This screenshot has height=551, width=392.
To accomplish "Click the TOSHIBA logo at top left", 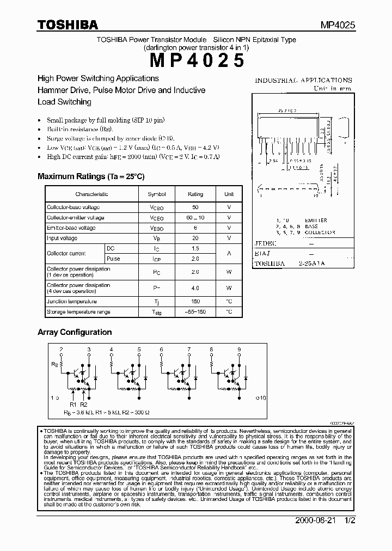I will tap(67, 25).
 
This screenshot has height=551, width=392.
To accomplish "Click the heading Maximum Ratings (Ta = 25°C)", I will tap(91, 176).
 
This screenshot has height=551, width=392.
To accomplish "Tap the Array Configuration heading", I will tap(75, 332).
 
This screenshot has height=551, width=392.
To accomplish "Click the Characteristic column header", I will tap(91, 194).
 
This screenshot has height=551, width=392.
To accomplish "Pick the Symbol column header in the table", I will tap(157, 194).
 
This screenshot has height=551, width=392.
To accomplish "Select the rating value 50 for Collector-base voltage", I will tap(195, 207).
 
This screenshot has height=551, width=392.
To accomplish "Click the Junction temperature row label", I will tap(72, 302).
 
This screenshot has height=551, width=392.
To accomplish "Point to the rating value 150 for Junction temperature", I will tap(195, 302).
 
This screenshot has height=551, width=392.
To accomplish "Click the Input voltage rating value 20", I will tap(195, 238).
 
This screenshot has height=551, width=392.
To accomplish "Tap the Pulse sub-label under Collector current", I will tap(113, 259).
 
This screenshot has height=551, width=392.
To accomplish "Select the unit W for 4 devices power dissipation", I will tap(229, 288).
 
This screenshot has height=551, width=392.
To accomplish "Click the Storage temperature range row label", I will tap(78, 312).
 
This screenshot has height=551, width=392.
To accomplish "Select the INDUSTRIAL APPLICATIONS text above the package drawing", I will tap(304, 80).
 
